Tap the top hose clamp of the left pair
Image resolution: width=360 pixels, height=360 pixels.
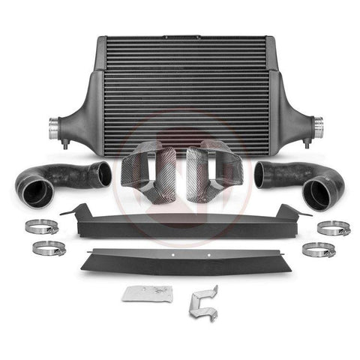click(41, 225)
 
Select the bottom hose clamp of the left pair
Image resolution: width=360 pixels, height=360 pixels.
click(47, 248)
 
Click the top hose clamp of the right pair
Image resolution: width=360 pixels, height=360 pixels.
click(333, 227)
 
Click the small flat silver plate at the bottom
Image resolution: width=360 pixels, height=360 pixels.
click(150, 295)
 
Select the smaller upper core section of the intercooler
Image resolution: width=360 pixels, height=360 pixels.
click(184, 54)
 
